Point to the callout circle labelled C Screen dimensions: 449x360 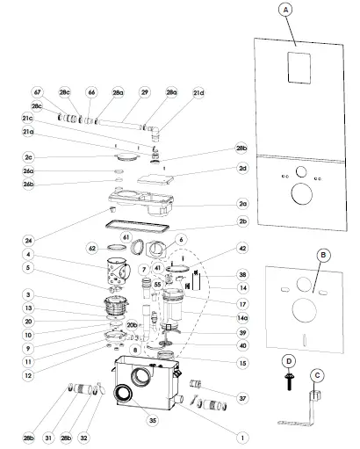point(319,374)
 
